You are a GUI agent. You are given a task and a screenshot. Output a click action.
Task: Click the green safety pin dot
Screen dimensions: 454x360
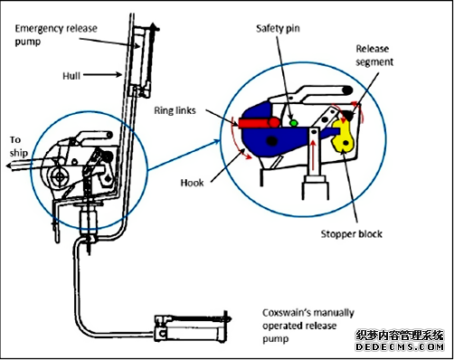(x=294, y=123)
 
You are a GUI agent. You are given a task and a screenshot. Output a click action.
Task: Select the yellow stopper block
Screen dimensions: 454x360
(x=344, y=137)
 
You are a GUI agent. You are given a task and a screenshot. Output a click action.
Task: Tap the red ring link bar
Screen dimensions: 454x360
(x=259, y=122)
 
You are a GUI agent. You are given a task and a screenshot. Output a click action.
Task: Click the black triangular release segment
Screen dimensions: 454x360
(x=348, y=115)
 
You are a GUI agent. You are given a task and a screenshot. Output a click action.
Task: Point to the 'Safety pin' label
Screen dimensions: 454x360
(x=278, y=29)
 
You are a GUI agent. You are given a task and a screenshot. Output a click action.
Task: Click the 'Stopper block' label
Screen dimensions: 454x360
(x=351, y=234)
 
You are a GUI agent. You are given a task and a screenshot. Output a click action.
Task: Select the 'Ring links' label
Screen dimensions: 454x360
(x=175, y=110)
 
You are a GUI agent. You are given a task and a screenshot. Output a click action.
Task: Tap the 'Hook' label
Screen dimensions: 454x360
(x=192, y=183)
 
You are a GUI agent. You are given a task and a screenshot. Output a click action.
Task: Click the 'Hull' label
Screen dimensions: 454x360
(x=71, y=76)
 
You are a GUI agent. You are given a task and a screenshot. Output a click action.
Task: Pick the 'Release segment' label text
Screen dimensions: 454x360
(x=374, y=55)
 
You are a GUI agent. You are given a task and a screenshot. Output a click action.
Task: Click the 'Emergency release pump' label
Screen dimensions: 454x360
(x=56, y=35)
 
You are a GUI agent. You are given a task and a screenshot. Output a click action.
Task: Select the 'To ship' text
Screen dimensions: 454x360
(x=18, y=147)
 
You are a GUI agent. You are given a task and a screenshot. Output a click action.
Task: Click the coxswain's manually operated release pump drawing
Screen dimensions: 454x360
(x=193, y=328)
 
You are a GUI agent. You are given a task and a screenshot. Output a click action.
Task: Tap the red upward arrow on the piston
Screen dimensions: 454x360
(x=314, y=156)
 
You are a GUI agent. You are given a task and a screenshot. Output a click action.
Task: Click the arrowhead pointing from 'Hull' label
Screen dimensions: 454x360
(x=119, y=74)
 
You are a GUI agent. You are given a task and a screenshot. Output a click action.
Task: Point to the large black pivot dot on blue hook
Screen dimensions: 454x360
(x=272, y=140)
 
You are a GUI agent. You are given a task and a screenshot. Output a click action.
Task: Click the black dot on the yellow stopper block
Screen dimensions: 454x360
(x=346, y=143)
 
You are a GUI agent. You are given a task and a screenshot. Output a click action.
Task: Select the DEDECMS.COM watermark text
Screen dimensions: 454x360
(x=400, y=346)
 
